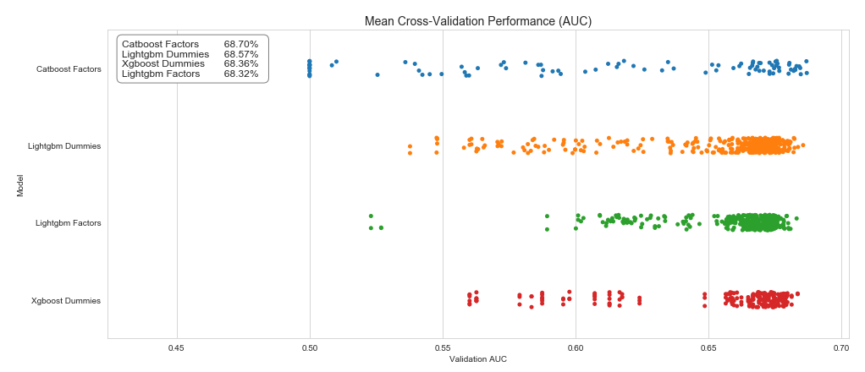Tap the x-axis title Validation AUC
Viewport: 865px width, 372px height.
point(477,359)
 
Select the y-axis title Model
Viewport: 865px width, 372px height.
point(19,185)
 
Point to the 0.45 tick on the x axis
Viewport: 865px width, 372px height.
point(177,347)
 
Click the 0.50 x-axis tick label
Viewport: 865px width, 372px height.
point(310,347)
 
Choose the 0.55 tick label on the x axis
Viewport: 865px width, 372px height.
point(443,347)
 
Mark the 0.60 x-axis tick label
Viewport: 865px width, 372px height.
point(576,347)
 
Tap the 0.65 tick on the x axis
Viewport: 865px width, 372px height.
point(708,347)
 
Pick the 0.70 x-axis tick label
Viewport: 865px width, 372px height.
point(841,347)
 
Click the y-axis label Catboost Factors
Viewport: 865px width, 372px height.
point(69,68)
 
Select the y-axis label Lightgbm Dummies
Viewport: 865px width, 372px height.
point(64,146)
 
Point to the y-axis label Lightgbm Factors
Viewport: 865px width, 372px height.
point(68,223)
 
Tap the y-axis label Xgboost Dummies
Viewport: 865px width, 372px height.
point(66,301)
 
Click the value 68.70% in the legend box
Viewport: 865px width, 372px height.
point(241,44)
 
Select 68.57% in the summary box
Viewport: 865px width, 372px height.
point(241,54)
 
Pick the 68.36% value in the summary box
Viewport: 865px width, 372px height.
point(241,64)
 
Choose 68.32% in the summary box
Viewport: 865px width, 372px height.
point(241,74)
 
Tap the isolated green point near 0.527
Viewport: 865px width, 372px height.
point(381,227)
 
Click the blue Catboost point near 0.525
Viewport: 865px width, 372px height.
point(377,74)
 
